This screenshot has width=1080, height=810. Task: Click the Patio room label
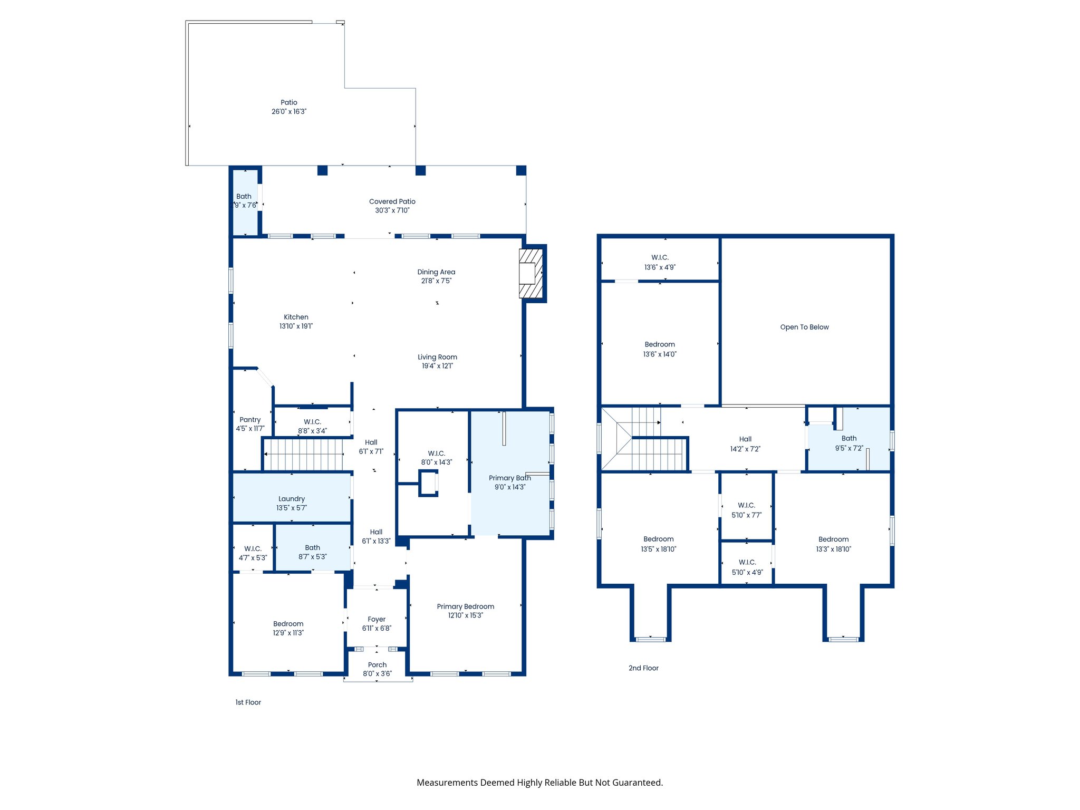click(x=288, y=102)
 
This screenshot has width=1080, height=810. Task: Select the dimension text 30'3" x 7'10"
click(x=392, y=210)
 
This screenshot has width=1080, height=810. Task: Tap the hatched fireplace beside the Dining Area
click(x=531, y=274)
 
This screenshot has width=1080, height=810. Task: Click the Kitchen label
click(x=296, y=317)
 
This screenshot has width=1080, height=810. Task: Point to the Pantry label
click(x=250, y=420)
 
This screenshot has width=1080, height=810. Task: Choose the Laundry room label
click(x=292, y=499)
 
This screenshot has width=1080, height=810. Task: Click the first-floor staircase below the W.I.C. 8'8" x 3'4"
click(x=303, y=455)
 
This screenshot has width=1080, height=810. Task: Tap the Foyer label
click(x=377, y=619)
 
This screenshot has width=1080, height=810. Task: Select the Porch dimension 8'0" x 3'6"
click(x=377, y=674)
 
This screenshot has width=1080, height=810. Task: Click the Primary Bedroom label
click(x=465, y=606)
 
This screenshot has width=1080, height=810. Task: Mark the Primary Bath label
click(x=509, y=478)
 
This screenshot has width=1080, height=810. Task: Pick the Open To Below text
click(x=804, y=327)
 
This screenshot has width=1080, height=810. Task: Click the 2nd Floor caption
click(x=643, y=668)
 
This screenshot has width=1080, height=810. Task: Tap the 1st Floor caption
click(x=248, y=702)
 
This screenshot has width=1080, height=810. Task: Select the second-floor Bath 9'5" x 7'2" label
click(x=848, y=438)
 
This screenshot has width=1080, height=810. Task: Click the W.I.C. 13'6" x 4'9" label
click(x=660, y=257)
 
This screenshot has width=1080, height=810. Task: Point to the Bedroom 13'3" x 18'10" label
click(x=833, y=539)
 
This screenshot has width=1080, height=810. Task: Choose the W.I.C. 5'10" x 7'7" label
click(x=746, y=505)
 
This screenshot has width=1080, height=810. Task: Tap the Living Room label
click(x=437, y=357)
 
